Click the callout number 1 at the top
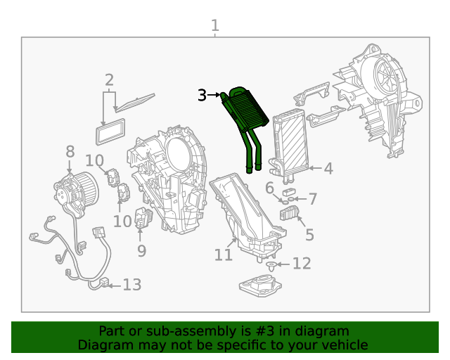[x=215, y=26]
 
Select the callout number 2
[x=109, y=80]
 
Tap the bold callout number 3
[x=202, y=95]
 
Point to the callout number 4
[x=328, y=169]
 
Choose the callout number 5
[x=309, y=236]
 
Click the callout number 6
[x=269, y=188]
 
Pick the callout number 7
[x=313, y=199]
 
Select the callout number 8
[x=70, y=152]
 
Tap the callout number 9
[x=141, y=250]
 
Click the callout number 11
[x=223, y=255]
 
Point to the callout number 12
[x=301, y=264]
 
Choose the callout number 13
[x=131, y=285]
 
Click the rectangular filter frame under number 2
[x=111, y=129]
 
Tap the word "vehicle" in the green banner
[x=344, y=345]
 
